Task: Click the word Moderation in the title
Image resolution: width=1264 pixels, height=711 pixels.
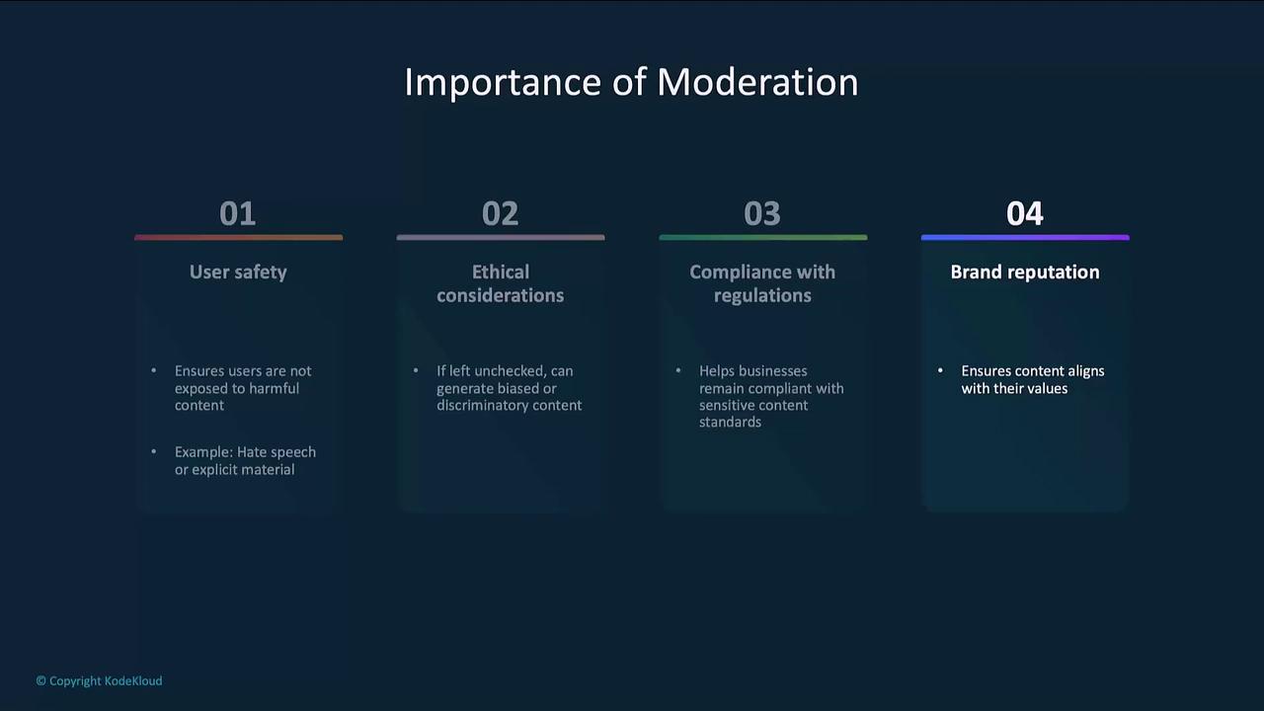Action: [x=757, y=82]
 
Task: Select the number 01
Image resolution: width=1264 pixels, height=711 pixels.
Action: [x=238, y=213]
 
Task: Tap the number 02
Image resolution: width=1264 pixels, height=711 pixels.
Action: [x=500, y=213]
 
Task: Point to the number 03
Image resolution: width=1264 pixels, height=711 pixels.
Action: [x=762, y=213]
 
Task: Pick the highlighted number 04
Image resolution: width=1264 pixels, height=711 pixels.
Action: [x=1025, y=213]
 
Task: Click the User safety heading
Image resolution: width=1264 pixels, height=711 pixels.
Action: [x=238, y=273]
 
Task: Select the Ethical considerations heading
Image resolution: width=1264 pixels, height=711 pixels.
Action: [x=501, y=283]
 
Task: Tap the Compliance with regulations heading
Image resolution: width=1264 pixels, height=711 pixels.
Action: [x=762, y=283]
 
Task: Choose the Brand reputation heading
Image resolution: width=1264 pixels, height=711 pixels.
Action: [x=1025, y=273]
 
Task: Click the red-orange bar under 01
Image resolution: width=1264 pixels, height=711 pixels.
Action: [x=239, y=238]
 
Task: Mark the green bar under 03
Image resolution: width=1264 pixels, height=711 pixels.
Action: [x=763, y=238]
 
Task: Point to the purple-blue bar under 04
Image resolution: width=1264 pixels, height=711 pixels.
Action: [x=1025, y=238]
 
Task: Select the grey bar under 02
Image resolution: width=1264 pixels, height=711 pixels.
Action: [x=501, y=238]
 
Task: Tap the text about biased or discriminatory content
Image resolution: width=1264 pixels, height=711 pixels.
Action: [x=509, y=388]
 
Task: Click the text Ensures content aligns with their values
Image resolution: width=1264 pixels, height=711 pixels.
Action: [x=1033, y=380]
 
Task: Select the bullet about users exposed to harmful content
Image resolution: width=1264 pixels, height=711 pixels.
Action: [x=243, y=388]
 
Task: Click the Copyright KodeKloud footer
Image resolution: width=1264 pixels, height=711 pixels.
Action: [x=100, y=681]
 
